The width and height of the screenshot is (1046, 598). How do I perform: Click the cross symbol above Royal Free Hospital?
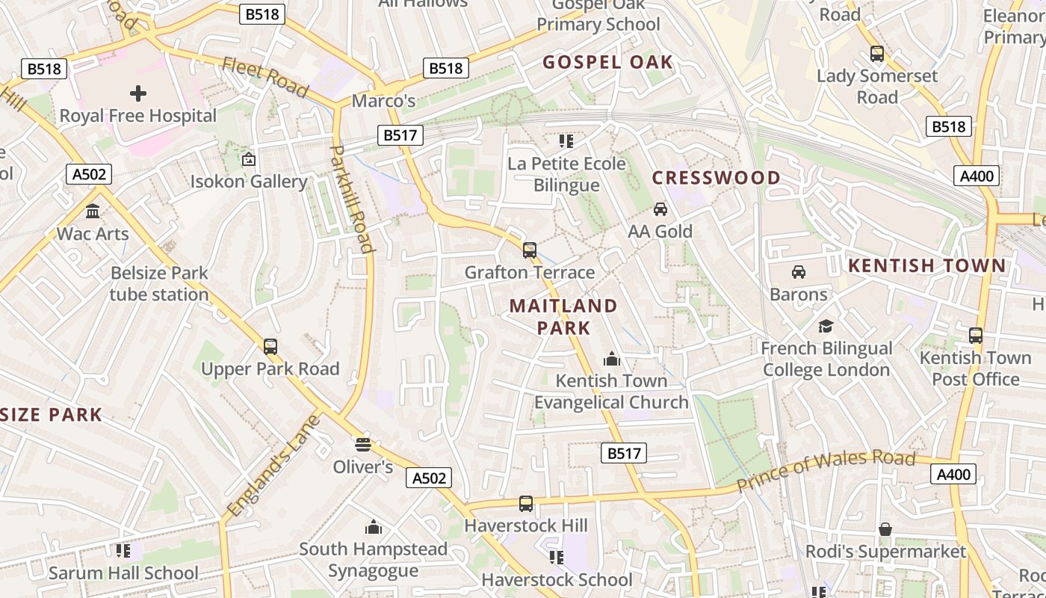(138, 93)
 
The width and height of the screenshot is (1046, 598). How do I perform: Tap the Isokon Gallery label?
(249, 182)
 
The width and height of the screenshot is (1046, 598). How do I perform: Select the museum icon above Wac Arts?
(93, 212)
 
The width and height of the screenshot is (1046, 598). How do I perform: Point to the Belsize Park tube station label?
(159, 283)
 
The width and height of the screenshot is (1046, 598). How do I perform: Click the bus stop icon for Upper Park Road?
(270, 347)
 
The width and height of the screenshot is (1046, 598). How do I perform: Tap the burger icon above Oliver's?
(363, 445)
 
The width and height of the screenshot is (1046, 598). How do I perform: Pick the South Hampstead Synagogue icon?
(374, 528)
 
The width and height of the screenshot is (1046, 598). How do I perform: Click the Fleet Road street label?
(265, 77)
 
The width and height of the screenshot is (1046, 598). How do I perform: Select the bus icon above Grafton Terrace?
(530, 250)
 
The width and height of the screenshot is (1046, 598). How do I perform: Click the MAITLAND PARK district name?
(563, 316)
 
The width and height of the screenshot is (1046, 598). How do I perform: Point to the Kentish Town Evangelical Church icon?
(612, 359)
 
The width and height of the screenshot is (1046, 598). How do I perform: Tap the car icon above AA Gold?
(660, 209)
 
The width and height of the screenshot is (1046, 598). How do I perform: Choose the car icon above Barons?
(799, 272)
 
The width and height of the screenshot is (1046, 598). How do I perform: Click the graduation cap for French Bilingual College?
(826, 326)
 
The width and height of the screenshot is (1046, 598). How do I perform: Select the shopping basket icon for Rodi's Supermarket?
(885, 529)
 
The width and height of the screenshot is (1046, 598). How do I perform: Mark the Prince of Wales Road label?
(826, 471)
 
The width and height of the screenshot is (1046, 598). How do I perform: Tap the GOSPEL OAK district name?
(608, 62)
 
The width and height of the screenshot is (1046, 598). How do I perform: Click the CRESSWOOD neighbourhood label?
(717, 178)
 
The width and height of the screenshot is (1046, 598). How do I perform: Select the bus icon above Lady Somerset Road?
(877, 54)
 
